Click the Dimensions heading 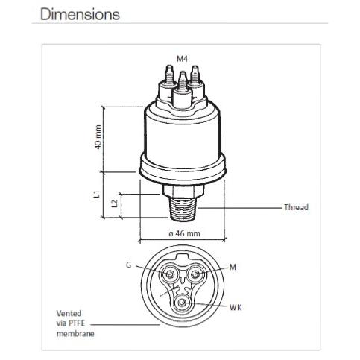click(x=80, y=15)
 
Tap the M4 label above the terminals click(x=183, y=59)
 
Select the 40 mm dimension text click(x=98, y=137)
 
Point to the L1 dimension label click(x=98, y=194)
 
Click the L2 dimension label click(x=115, y=203)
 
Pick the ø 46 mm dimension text click(x=184, y=233)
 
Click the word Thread click(x=296, y=207)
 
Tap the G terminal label click(x=128, y=265)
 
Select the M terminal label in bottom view click(x=233, y=268)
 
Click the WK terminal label click(x=236, y=307)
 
